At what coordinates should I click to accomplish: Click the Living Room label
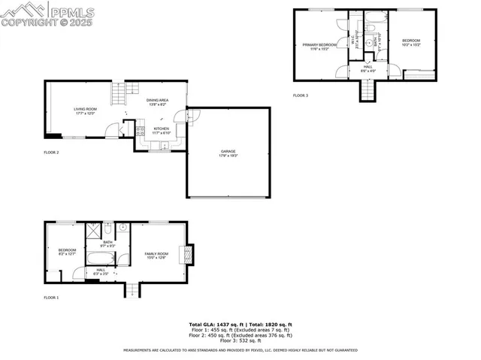(x=85, y=111)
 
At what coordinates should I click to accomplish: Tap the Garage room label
(x=228, y=153)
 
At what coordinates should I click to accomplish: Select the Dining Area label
(x=157, y=101)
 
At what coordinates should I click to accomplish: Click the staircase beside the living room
(x=116, y=93)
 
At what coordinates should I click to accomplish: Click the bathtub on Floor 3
(x=373, y=30)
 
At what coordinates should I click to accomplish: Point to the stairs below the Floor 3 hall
(x=366, y=90)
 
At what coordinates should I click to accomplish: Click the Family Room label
(x=156, y=256)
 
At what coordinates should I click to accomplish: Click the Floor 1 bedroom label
(x=66, y=251)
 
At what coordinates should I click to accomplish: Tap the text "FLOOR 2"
(x=51, y=153)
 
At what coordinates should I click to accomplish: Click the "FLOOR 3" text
(x=300, y=95)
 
